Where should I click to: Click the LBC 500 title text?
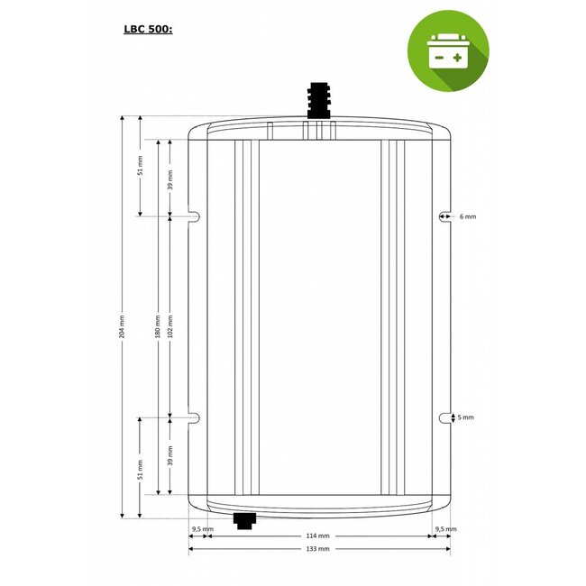pos(148,28)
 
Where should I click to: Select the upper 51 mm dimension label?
pos(139,178)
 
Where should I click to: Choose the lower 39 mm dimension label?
pos(170,455)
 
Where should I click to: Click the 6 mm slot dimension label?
pos(467,217)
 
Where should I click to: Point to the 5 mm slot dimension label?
pos(467,417)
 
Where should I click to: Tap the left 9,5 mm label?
pos(203,529)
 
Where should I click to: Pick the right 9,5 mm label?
pos(445,529)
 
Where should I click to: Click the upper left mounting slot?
pos(193,216)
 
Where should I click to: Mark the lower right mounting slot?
pos(444,417)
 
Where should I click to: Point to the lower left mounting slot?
pos(193,417)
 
